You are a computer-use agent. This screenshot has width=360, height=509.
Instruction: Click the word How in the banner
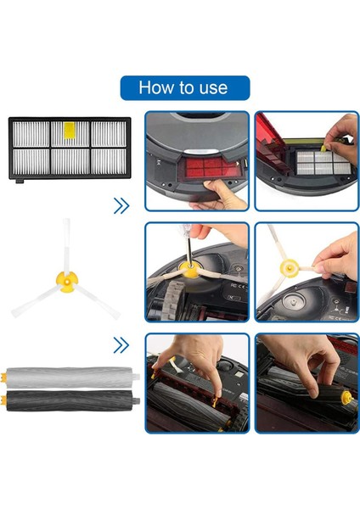point(157,87)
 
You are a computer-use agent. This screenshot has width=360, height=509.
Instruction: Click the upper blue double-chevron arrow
point(121,205)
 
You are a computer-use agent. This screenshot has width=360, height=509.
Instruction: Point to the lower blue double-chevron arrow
point(121,345)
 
